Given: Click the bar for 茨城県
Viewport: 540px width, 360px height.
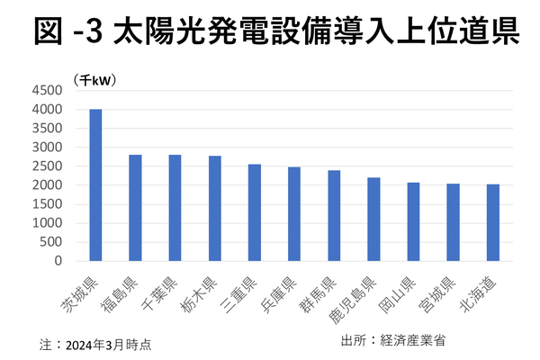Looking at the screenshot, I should tap(95, 184).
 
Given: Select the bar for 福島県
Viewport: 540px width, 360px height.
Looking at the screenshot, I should tap(135, 208).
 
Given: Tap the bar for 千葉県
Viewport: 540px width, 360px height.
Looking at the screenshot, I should tap(175, 208).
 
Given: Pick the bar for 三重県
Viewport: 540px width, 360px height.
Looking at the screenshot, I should tap(255, 212).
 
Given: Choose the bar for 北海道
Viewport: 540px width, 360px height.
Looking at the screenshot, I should tap(492, 222).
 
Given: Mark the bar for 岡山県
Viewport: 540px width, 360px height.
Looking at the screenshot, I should tap(413, 221).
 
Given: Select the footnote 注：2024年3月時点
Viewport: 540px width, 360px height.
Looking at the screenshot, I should tap(94, 344).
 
